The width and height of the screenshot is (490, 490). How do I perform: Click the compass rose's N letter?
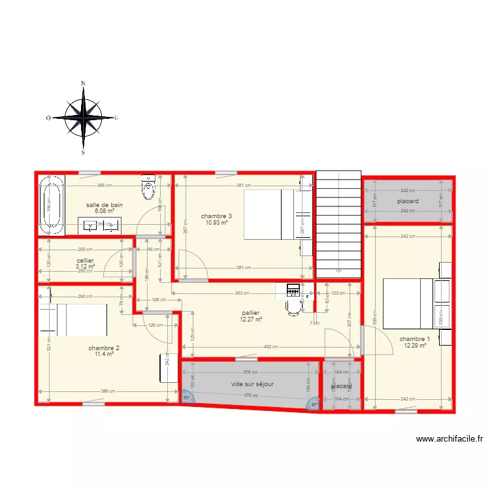pyautogui.click(x=83, y=84)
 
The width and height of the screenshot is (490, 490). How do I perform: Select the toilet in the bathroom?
pyautogui.click(x=148, y=188)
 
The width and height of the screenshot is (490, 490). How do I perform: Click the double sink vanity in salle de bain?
pyautogui.click(x=100, y=226)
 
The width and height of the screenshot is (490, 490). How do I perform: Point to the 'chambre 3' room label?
pyautogui.click(x=216, y=216)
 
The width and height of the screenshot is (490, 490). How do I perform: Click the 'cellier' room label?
pyautogui.click(x=86, y=260)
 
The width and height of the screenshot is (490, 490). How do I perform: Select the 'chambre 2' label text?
pyautogui.click(x=104, y=348)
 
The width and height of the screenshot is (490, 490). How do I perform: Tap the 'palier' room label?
pyautogui.click(x=250, y=313)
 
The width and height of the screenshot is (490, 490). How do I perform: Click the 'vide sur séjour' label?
pyautogui.click(x=252, y=384)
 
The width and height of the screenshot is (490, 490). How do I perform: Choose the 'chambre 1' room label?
pyautogui.click(x=415, y=338)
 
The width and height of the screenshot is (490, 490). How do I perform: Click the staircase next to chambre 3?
pyautogui.click(x=338, y=222)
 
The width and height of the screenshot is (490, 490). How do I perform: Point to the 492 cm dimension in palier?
pyautogui.click(x=270, y=347)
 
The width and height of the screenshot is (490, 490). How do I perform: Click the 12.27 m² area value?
pyautogui.click(x=250, y=319)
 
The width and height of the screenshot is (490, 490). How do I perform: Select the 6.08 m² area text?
pyautogui.click(x=105, y=211)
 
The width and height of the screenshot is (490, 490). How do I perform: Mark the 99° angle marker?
pyautogui.click(x=187, y=397)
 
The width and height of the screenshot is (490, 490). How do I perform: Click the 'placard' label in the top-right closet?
pyautogui.click(x=408, y=201)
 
